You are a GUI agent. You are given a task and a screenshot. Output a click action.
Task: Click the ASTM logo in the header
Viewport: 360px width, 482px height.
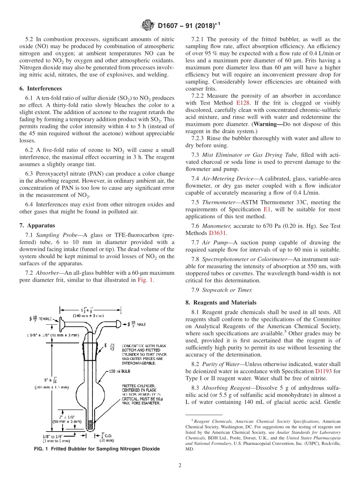[147, 25]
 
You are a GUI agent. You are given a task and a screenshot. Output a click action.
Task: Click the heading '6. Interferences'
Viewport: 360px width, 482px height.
[41, 88]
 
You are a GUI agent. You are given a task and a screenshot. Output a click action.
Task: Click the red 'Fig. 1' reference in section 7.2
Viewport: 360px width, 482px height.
[146, 280]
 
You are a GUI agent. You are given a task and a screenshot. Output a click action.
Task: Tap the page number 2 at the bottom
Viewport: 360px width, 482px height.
[180, 465]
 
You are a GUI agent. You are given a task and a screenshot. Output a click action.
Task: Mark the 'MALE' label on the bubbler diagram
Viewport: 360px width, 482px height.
[141, 324]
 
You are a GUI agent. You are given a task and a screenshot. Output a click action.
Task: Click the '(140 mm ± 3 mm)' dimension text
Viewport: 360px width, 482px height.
[89, 315]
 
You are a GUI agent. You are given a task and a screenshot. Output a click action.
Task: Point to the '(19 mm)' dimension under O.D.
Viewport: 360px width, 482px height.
[107, 441]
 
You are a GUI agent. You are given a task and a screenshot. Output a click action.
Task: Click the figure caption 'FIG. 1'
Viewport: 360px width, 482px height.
[42, 449]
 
